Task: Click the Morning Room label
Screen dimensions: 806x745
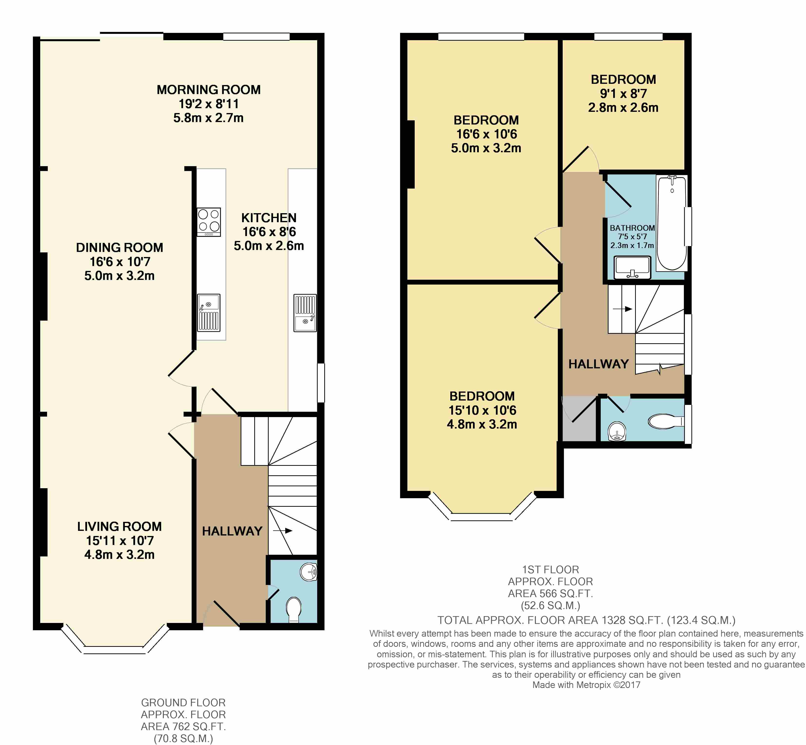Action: (x=208, y=89)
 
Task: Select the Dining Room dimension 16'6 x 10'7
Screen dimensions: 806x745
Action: (x=120, y=262)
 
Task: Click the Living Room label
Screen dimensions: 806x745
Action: (x=119, y=526)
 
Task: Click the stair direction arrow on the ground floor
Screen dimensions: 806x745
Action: (x=282, y=531)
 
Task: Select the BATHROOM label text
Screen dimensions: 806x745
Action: (x=632, y=228)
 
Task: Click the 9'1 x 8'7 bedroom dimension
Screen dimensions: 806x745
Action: (x=623, y=94)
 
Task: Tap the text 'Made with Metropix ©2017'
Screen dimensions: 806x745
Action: (x=586, y=685)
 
